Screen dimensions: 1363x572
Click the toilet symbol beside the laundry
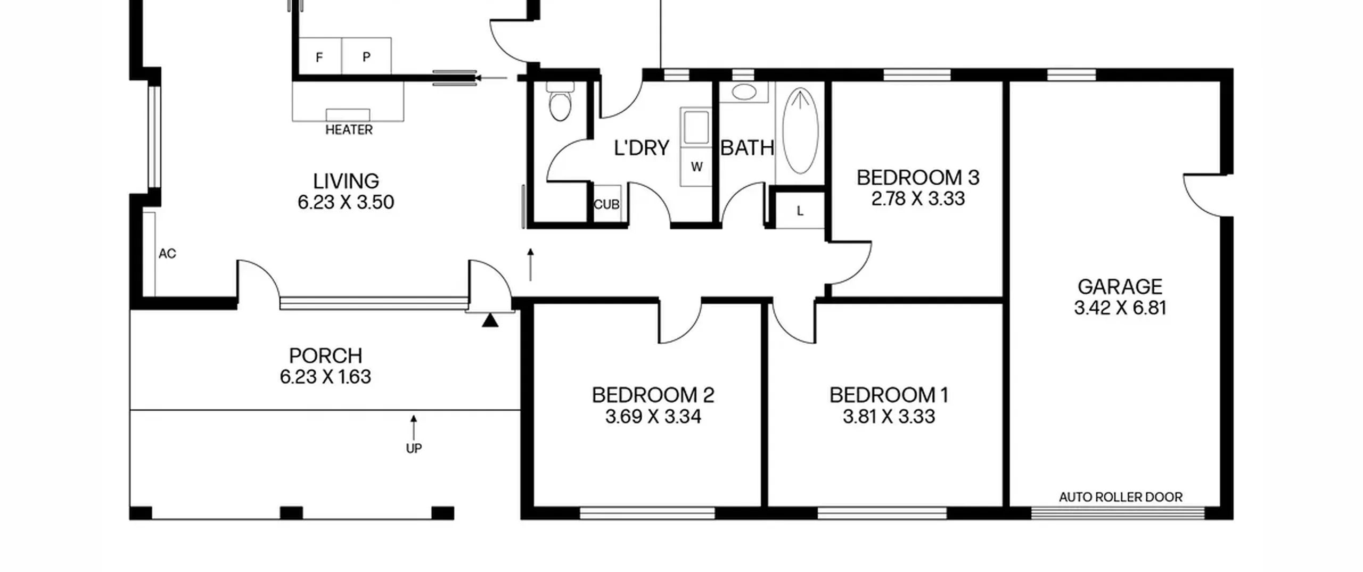(x=560, y=101)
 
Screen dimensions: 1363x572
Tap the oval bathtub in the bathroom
(x=800, y=130)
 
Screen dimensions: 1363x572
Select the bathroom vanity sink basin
(x=744, y=92)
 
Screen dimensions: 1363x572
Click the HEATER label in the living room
(x=349, y=130)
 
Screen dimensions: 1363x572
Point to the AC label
(x=167, y=254)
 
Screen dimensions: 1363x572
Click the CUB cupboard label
(x=606, y=204)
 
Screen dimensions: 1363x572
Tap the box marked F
(x=319, y=57)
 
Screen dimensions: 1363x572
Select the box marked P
(x=366, y=56)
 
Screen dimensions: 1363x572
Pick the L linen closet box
(x=800, y=211)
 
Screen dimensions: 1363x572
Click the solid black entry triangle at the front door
(x=490, y=320)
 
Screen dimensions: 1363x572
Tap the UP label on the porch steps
(x=414, y=449)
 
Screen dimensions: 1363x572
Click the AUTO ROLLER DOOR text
(x=1121, y=497)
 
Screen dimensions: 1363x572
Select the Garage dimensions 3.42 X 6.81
(x=1120, y=308)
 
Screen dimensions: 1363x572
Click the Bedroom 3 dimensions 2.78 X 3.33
(x=918, y=198)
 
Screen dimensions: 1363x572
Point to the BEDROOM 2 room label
(x=653, y=395)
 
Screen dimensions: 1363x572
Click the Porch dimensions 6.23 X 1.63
(x=325, y=377)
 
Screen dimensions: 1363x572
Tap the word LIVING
(x=346, y=181)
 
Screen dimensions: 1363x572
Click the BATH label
(x=747, y=148)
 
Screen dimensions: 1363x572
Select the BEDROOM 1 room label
(x=889, y=395)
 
